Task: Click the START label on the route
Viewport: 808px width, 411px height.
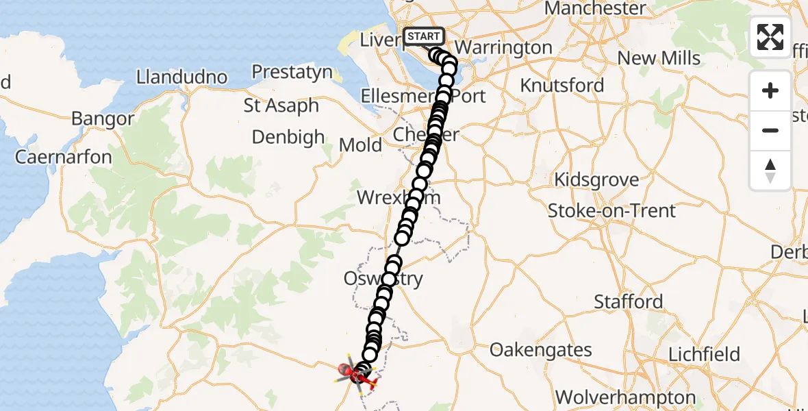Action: tap(425, 36)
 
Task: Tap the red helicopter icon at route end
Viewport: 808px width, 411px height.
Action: tap(357, 374)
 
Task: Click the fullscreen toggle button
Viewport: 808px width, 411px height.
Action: tap(770, 37)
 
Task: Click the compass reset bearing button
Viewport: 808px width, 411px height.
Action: tap(770, 171)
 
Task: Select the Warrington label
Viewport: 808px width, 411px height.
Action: tap(503, 48)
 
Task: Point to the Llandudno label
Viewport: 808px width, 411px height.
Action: tap(181, 77)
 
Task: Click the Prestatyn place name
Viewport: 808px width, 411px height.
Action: tap(292, 72)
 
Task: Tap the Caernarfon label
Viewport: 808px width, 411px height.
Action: tap(63, 157)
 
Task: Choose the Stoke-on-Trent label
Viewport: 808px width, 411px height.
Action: tap(611, 211)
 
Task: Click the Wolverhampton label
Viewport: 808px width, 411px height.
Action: tap(625, 397)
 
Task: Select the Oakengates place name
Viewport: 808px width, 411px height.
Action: tap(541, 350)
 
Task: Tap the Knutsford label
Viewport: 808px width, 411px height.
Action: tap(562, 86)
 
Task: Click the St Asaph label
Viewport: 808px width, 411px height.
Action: tap(281, 106)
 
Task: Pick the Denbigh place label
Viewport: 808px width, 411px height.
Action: tap(288, 137)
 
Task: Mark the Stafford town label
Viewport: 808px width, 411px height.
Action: tap(628, 301)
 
